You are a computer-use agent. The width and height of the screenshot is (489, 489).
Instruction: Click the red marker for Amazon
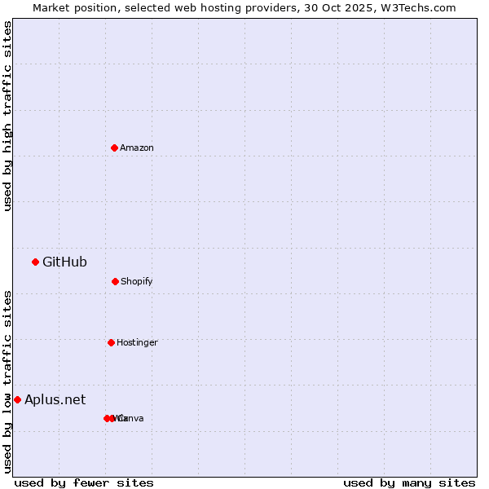(114, 148)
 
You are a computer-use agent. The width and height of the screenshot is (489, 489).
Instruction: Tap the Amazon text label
(137, 148)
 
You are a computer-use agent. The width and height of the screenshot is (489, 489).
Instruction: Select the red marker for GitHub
(35, 262)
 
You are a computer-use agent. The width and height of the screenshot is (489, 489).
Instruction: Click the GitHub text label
(64, 262)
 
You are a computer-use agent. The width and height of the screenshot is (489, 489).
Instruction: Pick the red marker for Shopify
(115, 281)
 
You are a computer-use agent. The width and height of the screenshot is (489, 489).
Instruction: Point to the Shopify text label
(137, 282)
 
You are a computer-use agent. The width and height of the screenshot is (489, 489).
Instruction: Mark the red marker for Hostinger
(111, 342)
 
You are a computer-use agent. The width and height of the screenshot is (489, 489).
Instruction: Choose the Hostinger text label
(137, 343)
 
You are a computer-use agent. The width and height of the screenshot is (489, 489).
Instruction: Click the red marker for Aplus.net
(17, 399)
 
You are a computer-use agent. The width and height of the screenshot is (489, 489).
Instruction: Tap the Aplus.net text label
(55, 399)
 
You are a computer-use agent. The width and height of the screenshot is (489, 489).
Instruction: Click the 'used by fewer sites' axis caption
(84, 482)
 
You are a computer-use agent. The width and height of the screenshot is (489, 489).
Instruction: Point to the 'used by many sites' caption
(409, 482)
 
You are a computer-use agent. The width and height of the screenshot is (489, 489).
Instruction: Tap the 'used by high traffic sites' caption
(8, 116)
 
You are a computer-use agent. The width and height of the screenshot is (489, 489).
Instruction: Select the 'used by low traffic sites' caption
(8, 381)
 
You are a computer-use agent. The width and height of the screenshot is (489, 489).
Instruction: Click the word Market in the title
(51, 7)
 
